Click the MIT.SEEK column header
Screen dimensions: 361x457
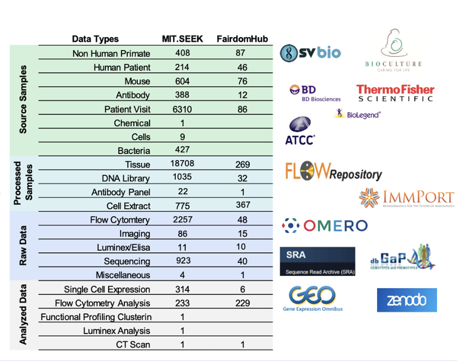pyautogui.click(x=182, y=39)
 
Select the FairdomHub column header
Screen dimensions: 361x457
pyautogui.click(x=242, y=39)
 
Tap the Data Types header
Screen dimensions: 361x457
pyautogui.click(x=95, y=39)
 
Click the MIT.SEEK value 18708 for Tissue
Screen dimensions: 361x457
pyautogui.click(x=182, y=164)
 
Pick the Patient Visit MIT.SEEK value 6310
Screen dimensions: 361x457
pyautogui.click(x=182, y=109)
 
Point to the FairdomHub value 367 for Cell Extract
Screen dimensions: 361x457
pyautogui.click(x=243, y=205)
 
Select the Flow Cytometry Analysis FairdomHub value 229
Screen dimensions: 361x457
pyautogui.click(x=243, y=303)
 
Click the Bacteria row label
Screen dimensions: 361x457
pyautogui.click(x=134, y=151)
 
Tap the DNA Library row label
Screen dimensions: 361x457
pyautogui.click(x=126, y=178)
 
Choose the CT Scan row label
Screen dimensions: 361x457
pyautogui.click(x=133, y=345)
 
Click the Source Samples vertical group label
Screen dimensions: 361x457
pyautogui.click(x=23, y=99)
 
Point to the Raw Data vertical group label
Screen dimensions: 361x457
pyautogui.click(x=23, y=245)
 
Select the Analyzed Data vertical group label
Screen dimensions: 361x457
pyautogui.click(x=23, y=315)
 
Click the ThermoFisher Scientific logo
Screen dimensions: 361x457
pyautogui.click(x=395, y=93)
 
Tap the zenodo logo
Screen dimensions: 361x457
pyautogui.click(x=407, y=300)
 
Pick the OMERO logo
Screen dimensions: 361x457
pyautogui.click(x=325, y=226)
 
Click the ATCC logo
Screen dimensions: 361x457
pyautogui.click(x=300, y=131)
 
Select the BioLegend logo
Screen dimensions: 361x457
pyautogui.click(x=357, y=114)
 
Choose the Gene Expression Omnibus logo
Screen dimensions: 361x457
pyautogui.click(x=312, y=298)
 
